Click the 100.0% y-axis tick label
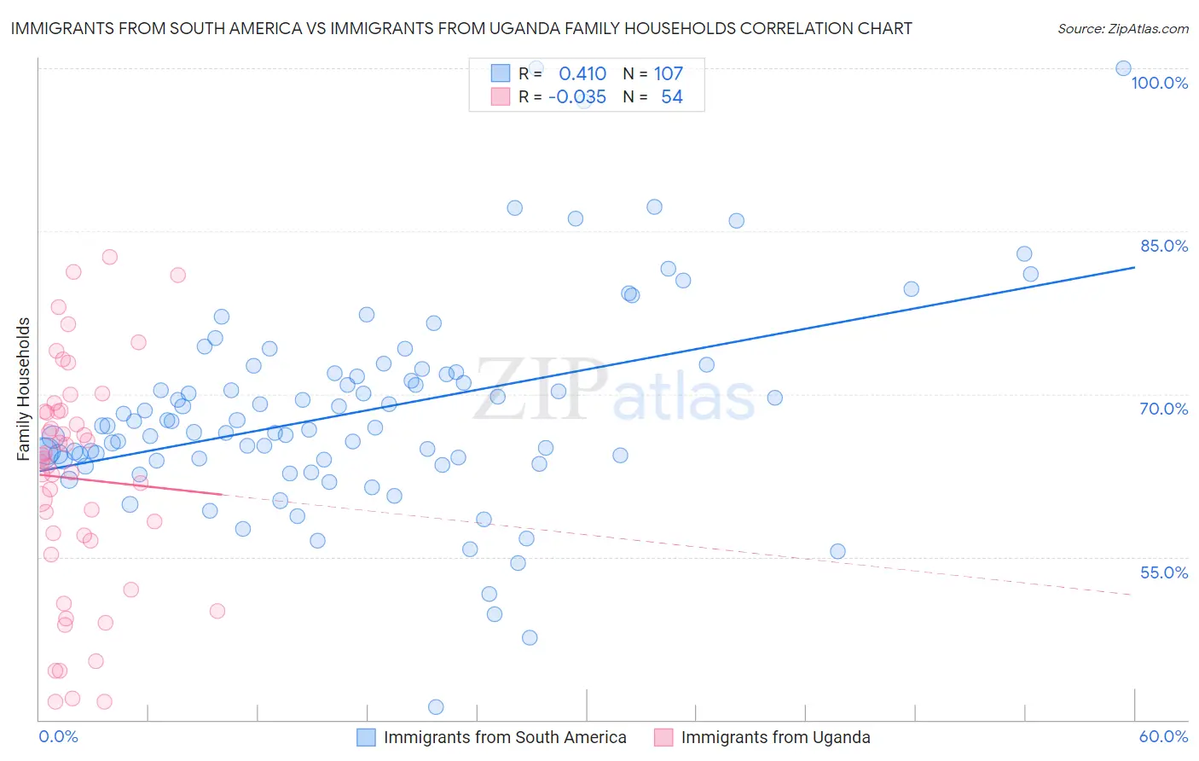click(1159, 83)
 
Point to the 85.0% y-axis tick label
click(1164, 246)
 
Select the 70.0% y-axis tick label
click(1164, 409)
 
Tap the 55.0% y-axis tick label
click(1164, 572)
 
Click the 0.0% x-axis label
click(58, 736)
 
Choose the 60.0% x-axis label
click(1163, 736)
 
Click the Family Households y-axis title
click(24, 389)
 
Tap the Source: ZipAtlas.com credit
click(1122, 28)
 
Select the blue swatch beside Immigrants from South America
click(366, 737)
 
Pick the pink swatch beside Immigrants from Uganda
click(663, 737)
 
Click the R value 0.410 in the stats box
click(582, 73)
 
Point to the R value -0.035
click(577, 96)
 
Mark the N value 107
click(669, 73)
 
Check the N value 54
click(672, 96)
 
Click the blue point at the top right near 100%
click(1123, 68)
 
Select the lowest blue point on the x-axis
click(436, 706)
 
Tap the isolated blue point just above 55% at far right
click(837, 551)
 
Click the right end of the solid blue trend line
click(1134, 267)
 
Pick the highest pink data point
click(109, 257)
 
